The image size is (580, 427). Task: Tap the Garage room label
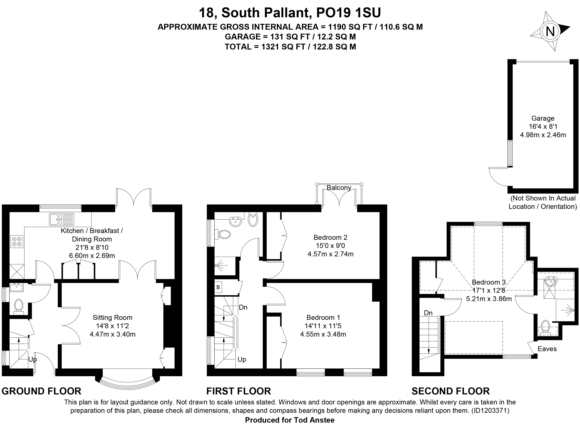tap(543, 118)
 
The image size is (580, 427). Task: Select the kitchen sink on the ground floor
tap(61, 219)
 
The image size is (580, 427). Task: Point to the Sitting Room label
tap(112, 317)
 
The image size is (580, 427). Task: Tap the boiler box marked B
tap(218, 287)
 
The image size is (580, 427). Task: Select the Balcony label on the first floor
tap(339, 188)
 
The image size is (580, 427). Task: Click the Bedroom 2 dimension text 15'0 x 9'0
tap(330, 246)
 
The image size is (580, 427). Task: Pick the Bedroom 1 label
tap(323, 317)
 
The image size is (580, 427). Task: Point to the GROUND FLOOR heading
tap(41, 391)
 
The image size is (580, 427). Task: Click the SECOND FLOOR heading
tap(451, 391)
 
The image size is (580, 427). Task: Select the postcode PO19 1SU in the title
tap(348, 13)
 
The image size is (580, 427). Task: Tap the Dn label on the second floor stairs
tap(428, 313)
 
